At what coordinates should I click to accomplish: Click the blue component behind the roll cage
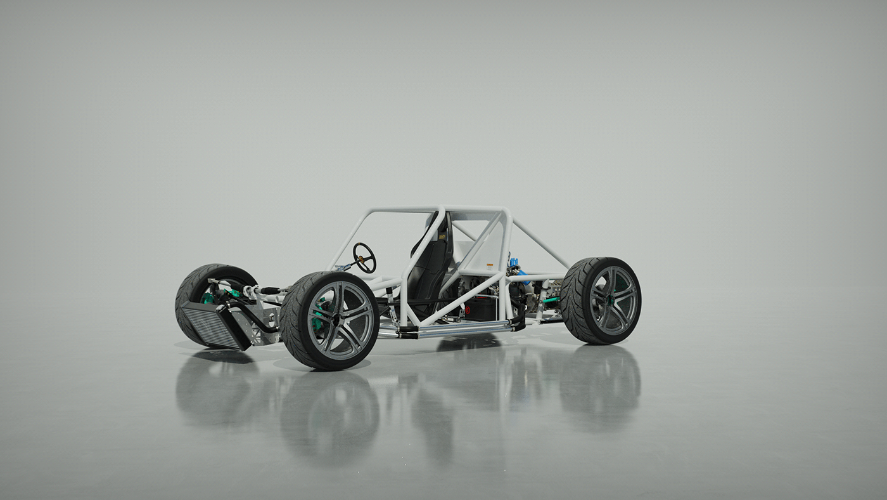coord(514,263)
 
